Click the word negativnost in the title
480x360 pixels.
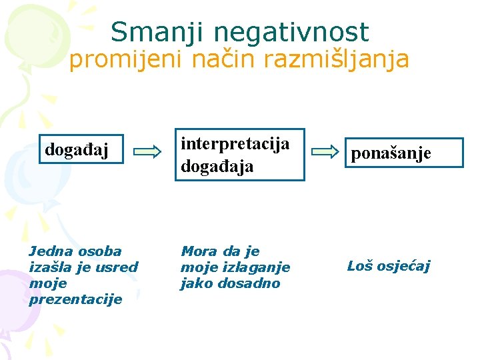[x=288, y=32]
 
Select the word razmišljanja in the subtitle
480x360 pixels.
[x=337, y=60]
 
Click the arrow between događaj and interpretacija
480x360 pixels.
[x=147, y=151]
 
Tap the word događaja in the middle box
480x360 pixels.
[x=217, y=166]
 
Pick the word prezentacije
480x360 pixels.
[x=76, y=299]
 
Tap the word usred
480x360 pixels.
[x=117, y=267]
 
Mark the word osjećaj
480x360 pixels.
[x=405, y=267]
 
